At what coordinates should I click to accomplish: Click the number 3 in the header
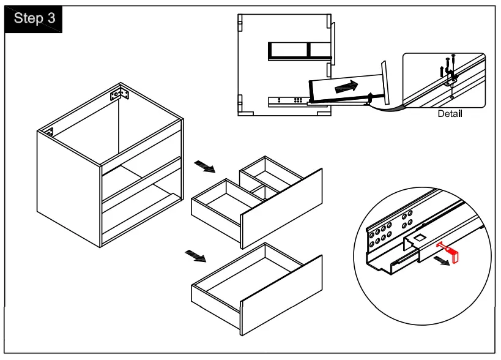tap(51, 18)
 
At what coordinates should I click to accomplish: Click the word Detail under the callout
tap(450, 114)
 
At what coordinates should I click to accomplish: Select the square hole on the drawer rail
tap(419, 237)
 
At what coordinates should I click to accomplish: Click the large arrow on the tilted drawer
tap(346, 87)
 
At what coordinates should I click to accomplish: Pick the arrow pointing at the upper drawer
tap(204, 167)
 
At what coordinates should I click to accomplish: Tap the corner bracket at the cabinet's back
tap(119, 95)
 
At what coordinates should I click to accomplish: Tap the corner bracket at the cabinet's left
tap(48, 132)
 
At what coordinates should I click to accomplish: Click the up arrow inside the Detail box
tap(442, 71)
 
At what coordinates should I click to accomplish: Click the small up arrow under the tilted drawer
tap(371, 96)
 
